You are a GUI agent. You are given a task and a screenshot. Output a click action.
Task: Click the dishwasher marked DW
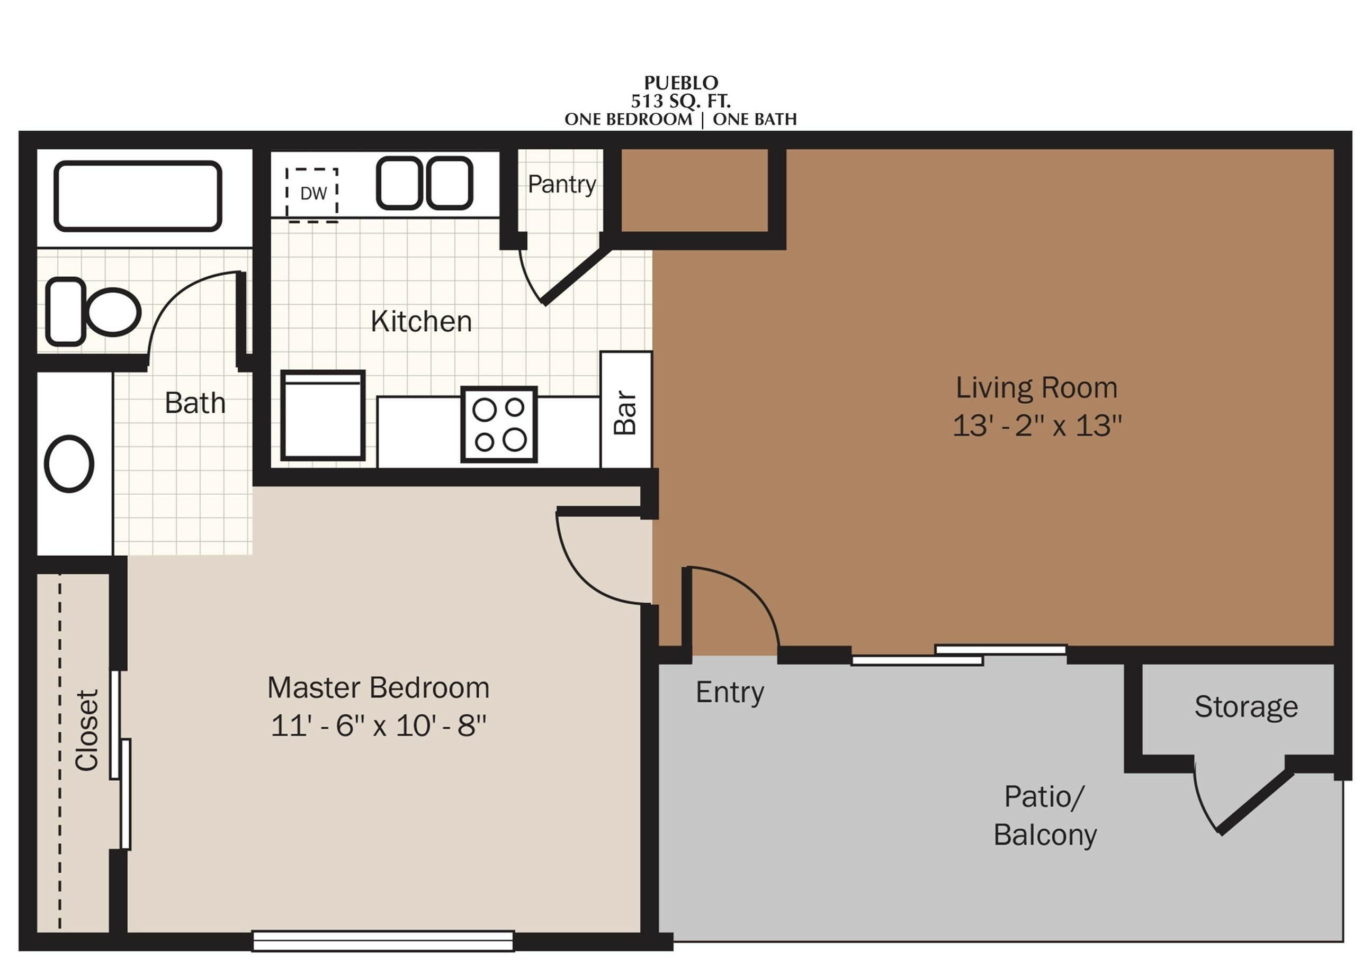pyautogui.click(x=312, y=195)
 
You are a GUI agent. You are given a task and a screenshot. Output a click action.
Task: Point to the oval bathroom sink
pyautogui.click(x=69, y=464)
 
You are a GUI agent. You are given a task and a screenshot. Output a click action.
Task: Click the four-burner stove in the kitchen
pyautogui.click(x=499, y=424)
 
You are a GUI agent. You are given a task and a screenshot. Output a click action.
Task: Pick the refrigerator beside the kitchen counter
pyautogui.click(x=323, y=415)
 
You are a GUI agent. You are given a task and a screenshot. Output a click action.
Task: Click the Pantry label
pyautogui.click(x=562, y=184)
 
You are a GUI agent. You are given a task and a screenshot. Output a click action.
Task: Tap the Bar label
pyautogui.click(x=625, y=413)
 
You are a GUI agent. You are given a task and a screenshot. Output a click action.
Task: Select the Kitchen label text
pyautogui.click(x=421, y=322)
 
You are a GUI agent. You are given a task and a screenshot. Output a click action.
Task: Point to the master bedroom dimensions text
pyautogui.click(x=379, y=726)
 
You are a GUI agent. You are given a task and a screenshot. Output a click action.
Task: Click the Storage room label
pyautogui.click(x=1246, y=707)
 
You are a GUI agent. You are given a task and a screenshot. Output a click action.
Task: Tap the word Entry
pyautogui.click(x=730, y=692)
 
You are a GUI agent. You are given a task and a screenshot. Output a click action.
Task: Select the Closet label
pyautogui.click(x=87, y=730)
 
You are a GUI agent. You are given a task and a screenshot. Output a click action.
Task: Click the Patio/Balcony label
pyautogui.click(x=1045, y=815)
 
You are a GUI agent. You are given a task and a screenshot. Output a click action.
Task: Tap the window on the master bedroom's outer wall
pyautogui.click(x=383, y=940)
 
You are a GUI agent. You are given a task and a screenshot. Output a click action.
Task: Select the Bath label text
pyautogui.click(x=195, y=403)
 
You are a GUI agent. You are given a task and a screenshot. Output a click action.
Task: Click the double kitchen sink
pyautogui.click(x=425, y=183)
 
